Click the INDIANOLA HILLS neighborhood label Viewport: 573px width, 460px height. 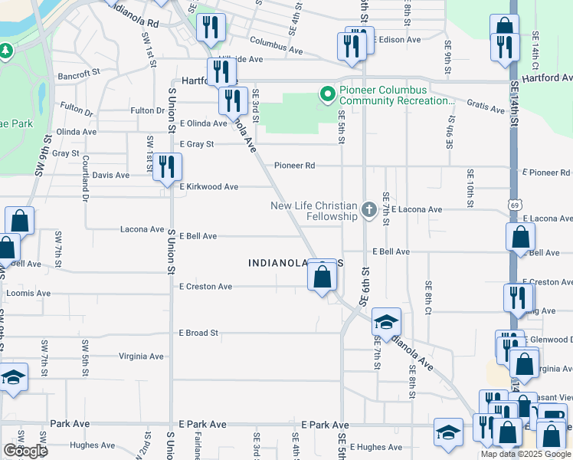tap(296, 263)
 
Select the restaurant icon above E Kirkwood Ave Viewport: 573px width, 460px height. tap(166, 167)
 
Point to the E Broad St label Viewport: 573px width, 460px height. tap(198, 333)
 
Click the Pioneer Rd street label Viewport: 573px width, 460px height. tap(295, 165)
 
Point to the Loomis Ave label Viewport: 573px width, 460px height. tap(28, 293)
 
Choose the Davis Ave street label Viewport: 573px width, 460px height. tap(110, 175)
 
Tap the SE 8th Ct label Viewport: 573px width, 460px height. tap(428, 296)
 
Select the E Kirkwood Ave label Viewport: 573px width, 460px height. tap(208, 186)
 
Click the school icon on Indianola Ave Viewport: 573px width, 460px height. tap(387, 322)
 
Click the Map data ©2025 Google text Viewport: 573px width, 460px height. tap(526, 454)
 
